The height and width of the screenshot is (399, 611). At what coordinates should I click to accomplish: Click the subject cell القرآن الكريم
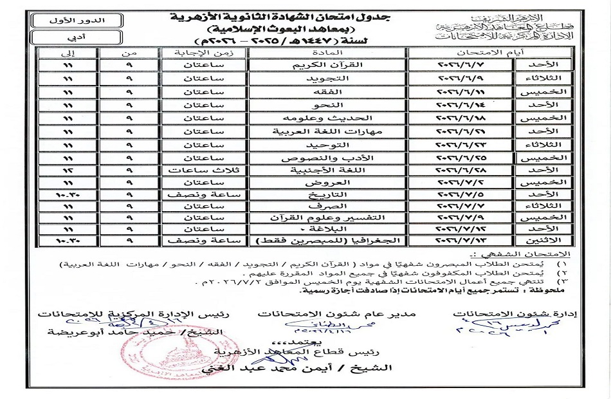(x=329, y=66)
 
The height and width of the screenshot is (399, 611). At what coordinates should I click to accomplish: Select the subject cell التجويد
(x=329, y=79)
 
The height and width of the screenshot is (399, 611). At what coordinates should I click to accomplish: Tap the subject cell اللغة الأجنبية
(x=329, y=171)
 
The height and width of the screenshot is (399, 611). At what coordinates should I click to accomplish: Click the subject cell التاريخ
(x=329, y=194)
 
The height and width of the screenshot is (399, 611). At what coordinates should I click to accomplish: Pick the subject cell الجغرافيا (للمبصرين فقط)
(x=329, y=240)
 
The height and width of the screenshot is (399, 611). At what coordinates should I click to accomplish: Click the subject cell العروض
(x=329, y=183)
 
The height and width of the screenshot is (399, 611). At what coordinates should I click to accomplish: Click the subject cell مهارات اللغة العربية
(x=329, y=131)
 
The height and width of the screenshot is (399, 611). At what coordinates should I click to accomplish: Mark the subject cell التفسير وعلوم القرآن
(x=329, y=218)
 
